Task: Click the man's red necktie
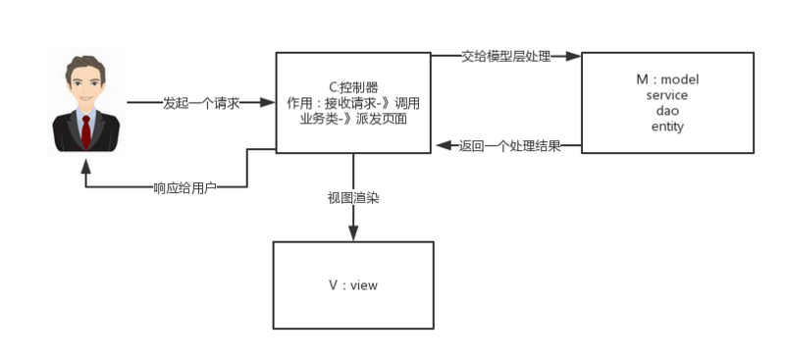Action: click(86, 130)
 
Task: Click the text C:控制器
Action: click(353, 87)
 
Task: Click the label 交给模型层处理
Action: click(506, 57)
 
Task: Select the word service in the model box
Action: click(667, 95)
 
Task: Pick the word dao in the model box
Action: click(667, 111)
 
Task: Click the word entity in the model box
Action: click(667, 127)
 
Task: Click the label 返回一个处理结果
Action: click(509, 146)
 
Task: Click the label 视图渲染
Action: click(353, 197)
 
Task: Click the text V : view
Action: click(353, 285)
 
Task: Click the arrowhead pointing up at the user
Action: click(86, 163)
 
